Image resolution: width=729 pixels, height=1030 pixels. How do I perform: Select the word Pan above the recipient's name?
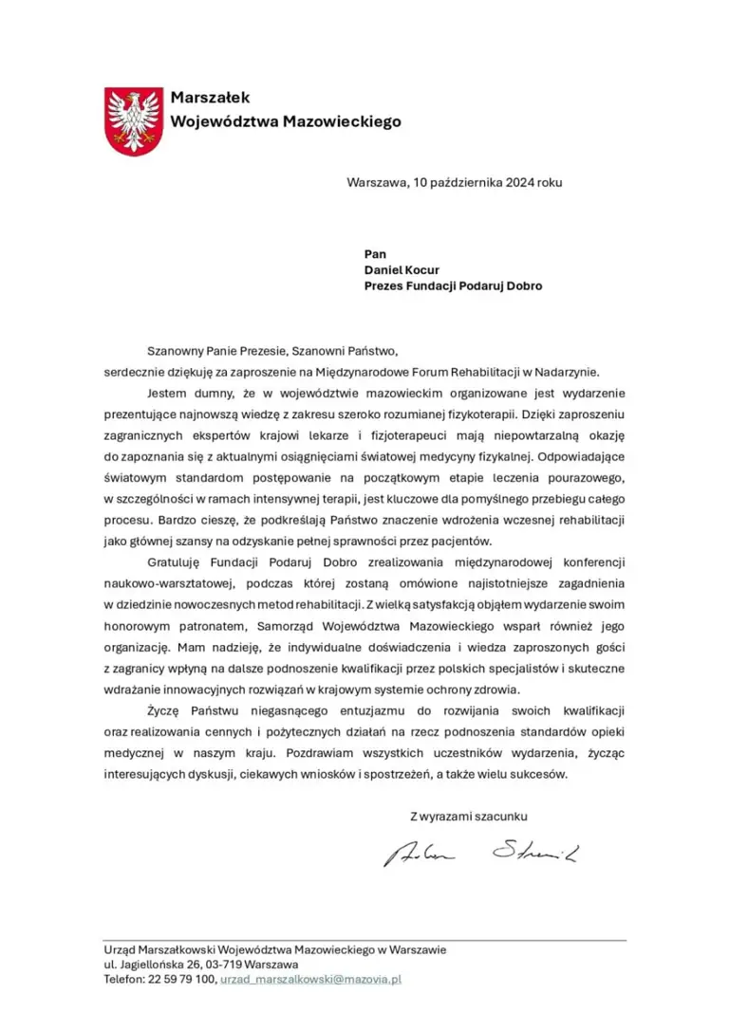point(375,253)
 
